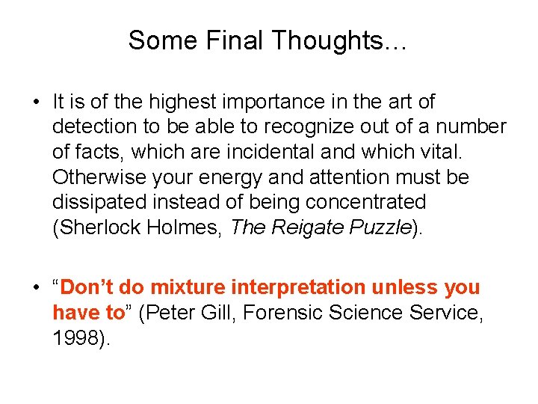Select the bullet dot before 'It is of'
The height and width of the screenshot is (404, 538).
(36, 102)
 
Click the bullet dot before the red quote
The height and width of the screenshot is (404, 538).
(36, 288)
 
